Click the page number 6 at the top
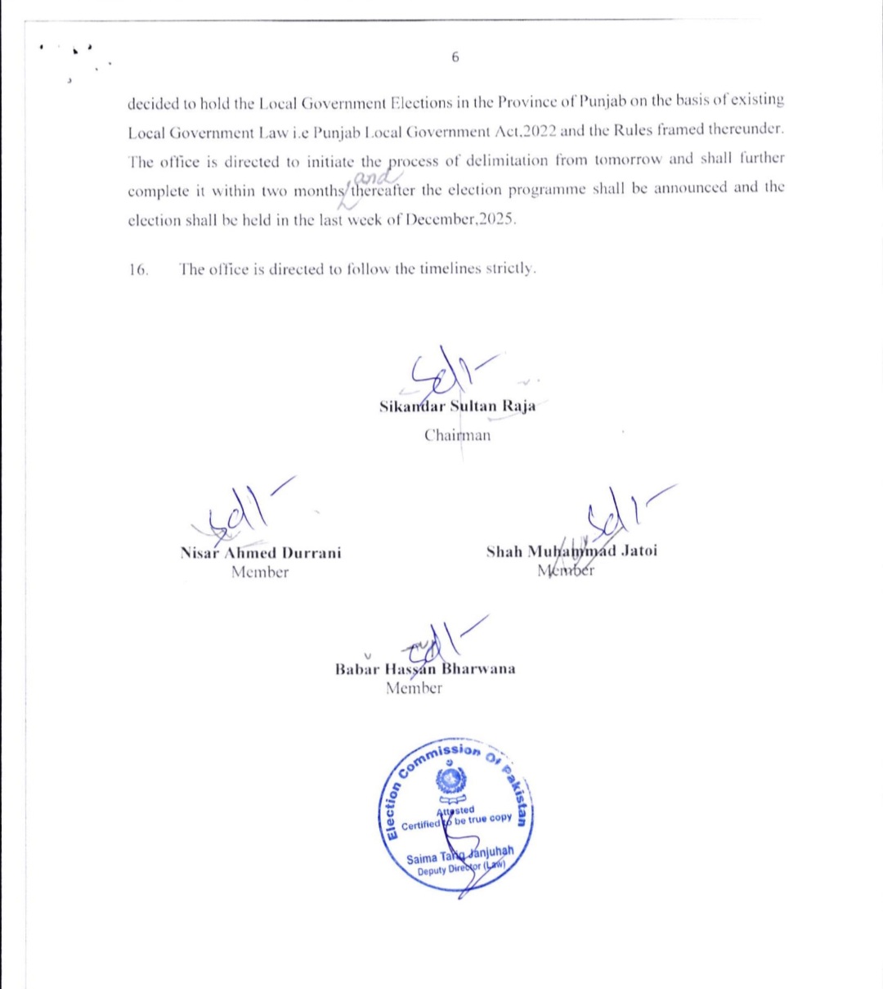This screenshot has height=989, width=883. click(455, 57)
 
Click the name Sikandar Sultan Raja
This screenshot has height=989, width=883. click(458, 407)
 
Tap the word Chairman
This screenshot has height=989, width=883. click(457, 435)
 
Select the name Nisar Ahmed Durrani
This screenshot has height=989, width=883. click(261, 553)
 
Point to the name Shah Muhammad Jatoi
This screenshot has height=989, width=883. click(571, 551)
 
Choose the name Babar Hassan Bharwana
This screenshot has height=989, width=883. click(425, 669)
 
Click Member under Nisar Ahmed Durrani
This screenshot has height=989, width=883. click(260, 573)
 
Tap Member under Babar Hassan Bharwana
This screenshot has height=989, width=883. click(414, 689)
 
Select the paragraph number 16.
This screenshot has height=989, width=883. click(138, 270)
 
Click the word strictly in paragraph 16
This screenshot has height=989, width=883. click(511, 269)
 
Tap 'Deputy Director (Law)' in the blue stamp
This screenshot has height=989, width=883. click(461, 869)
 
